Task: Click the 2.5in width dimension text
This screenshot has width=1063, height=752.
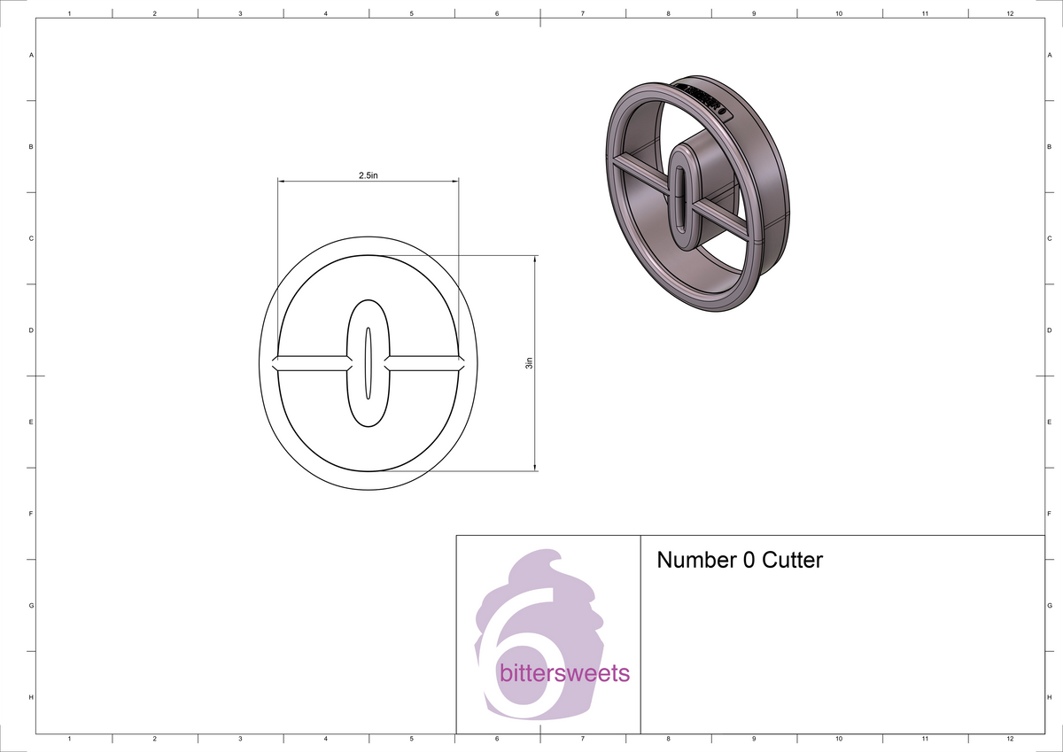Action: pyautogui.click(x=368, y=175)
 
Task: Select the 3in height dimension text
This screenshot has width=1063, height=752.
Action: pyautogui.click(x=529, y=363)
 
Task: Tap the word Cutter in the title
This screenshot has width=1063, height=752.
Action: pyautogui.click(x=793, y=561)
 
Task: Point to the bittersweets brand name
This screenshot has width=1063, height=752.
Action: pyautogui.click(x=565, y=673)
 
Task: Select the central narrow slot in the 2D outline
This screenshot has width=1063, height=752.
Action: pyautogui.click(x=368, y=363)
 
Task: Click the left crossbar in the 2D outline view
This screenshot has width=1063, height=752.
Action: pyautogui.click(x=310, y=363)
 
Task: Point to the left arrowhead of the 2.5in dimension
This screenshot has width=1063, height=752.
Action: pyautogui.click(x=283, y=182)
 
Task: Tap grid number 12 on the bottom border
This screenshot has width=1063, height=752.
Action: pyautogui.click(x=1011, y=738)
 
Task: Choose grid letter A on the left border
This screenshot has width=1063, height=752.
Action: pyautogui.click(x=32, y=55)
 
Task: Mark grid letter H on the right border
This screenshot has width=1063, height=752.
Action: pyautogui.click(x=1049, y=697)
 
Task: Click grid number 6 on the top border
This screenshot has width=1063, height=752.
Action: pyautogui.click(x=497, y=13)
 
